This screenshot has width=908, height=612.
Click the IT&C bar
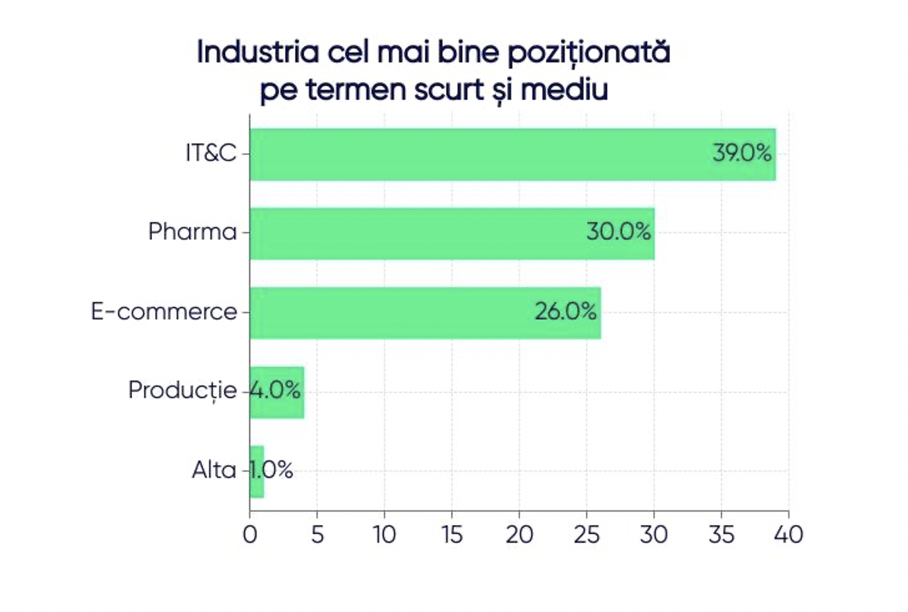(x=470, y=154)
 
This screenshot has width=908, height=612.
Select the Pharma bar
(x=411, y=234)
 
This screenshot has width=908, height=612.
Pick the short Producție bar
(x=277, y=392)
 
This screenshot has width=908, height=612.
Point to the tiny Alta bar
(x=257, y=472)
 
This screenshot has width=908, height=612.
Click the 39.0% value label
(x=742, y=153)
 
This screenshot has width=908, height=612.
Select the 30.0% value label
(x=618, y=231)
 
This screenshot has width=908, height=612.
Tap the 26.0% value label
(x=566, y=311)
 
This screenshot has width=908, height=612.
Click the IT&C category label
(x=211, y=153)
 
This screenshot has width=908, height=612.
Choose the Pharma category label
(x=192, y=232)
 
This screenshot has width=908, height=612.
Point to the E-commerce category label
(x=164, y=311)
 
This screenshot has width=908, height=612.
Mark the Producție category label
(x=182, y=391)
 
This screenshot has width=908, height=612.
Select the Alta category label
(x=214, y=470)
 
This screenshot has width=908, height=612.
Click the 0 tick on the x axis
(x=250, y=534)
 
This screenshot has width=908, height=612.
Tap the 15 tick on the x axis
(x=452, y=534)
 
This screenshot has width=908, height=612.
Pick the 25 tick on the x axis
(x=586, y=534)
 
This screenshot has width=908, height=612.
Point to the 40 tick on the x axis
(x=788, y=534)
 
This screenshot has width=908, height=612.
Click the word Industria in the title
(x=257, y=52)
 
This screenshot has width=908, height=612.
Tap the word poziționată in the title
(x=588, y=53)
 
